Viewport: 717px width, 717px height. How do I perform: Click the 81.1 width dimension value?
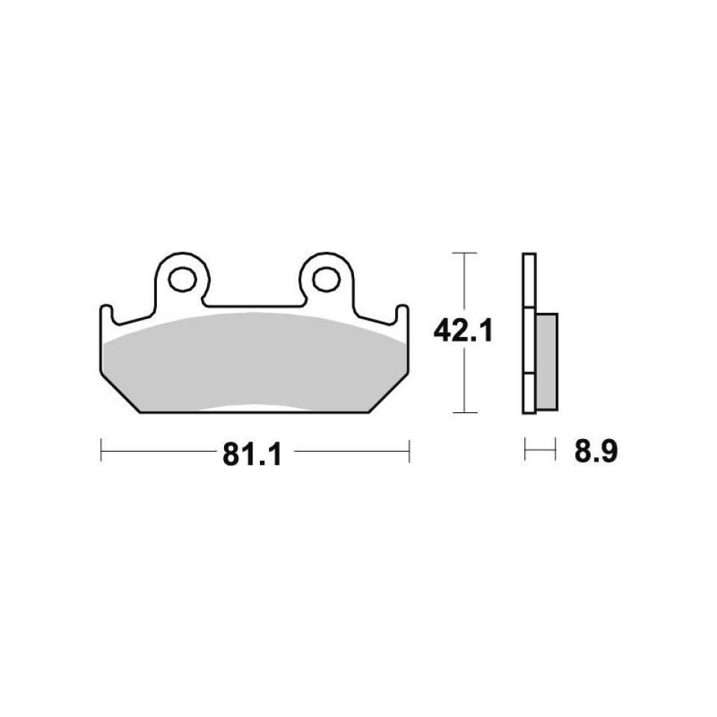tap(252, 455)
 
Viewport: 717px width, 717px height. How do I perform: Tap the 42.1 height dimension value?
tap(463, 331)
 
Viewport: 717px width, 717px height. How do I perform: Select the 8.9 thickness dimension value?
tap(596, 451)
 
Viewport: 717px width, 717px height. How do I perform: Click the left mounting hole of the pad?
tap(182, 279)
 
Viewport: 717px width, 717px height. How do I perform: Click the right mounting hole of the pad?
tap(326, 279)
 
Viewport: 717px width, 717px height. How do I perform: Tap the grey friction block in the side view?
tap(547, 361)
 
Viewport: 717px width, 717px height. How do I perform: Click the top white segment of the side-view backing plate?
tap(529, 280)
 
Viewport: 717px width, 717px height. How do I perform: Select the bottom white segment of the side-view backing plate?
tap(529, 394)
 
